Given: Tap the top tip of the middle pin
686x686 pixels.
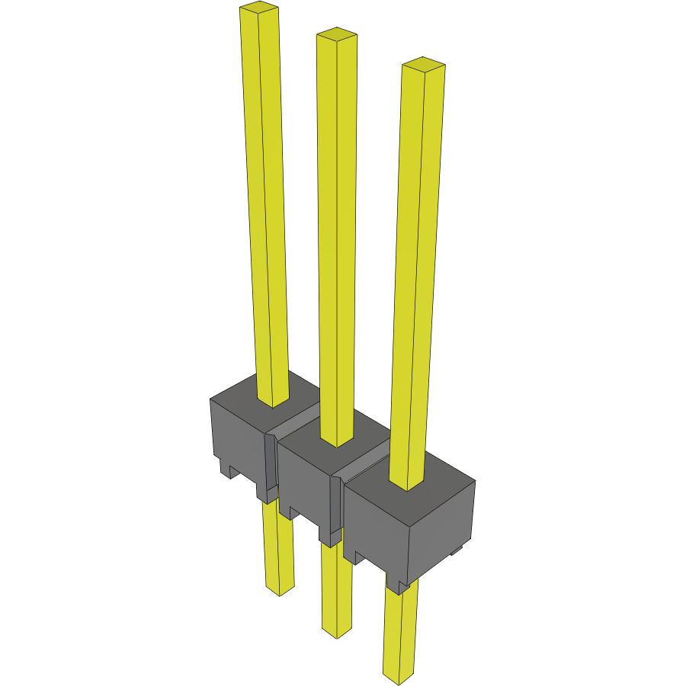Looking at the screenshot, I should point(336,34).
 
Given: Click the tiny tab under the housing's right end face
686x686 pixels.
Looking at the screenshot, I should point(457,550).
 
